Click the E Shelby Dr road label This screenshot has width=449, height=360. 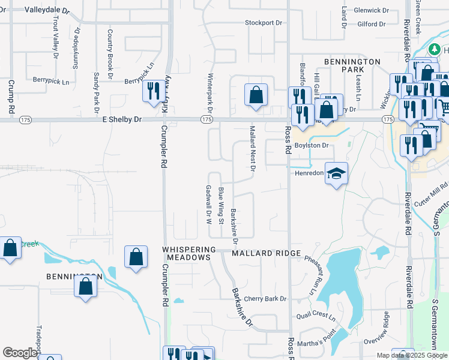122,119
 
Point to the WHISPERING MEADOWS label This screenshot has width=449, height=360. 188,253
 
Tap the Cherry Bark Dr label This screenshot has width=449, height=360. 265,299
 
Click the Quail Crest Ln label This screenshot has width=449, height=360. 316,315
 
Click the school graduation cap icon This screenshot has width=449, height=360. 337,173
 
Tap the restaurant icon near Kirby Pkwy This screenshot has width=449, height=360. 152,91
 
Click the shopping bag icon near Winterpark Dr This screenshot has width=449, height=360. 256,94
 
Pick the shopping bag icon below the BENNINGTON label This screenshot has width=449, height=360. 86,287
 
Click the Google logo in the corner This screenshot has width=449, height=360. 20,353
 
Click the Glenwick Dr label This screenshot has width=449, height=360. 372,10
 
